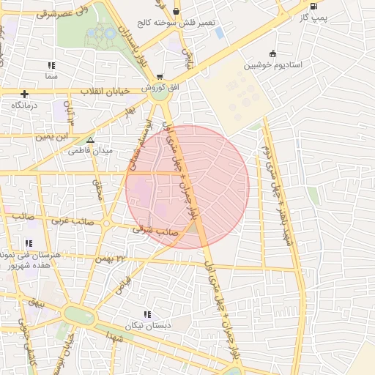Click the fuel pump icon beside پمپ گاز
click(x=313, y=6)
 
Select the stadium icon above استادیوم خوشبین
click(x=273, y=53)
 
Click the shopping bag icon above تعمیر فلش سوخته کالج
click(x=176, y=11)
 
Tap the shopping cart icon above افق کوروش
click(x=160, y=76)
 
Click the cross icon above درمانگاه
click(x=26, y=94)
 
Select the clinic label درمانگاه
click(x=25, y=105)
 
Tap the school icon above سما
click(x=51, y=65)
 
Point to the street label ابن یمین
click(x=58, y=135)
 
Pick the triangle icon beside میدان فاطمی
click(x=90, y=139)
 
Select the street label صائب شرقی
click(x=150, y=229)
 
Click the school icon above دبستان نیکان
click(x=148, y=313)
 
